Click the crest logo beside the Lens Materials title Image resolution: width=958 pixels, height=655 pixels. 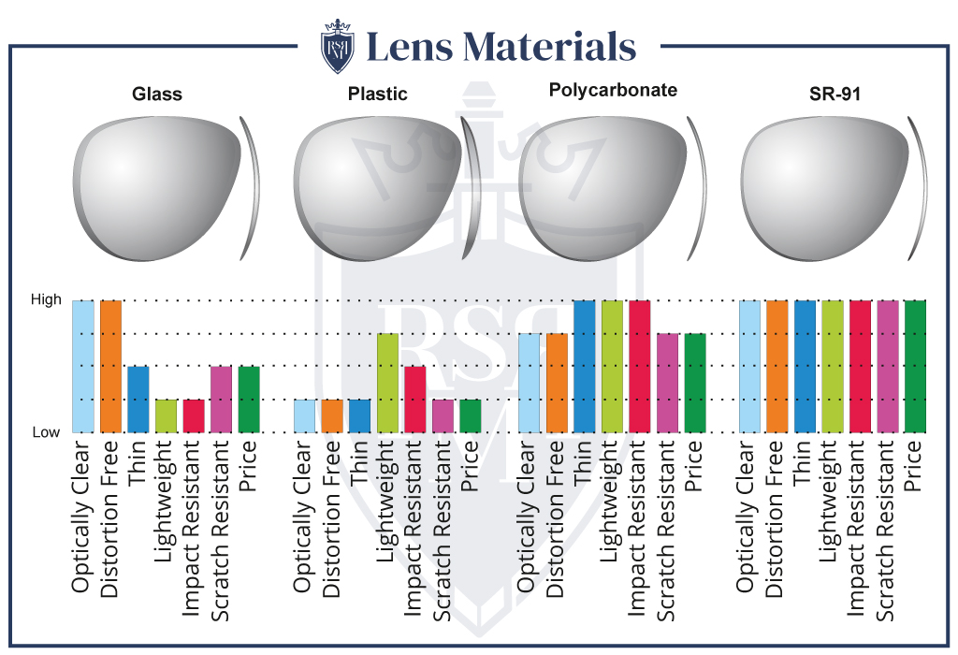pos(338,44)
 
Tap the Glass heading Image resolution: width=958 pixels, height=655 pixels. pos(157,94)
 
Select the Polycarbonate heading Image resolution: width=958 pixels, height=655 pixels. pos(613,90)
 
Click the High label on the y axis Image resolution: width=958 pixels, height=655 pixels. pos(46,299)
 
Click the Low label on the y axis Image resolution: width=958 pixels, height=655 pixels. pos(47,432)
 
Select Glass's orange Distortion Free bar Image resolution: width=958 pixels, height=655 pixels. pos(111,366)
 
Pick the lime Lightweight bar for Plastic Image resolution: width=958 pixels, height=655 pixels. pos(388,383)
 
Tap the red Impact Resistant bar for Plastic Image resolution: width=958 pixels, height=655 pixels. pos(415,399)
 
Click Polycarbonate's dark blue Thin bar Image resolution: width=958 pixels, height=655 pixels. pos(585,366)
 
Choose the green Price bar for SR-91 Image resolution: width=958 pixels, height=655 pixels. pos(915,366)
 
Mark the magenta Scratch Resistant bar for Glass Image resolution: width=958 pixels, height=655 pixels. pos(222,399)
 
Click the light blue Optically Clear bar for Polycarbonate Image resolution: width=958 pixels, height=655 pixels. pos(530,383)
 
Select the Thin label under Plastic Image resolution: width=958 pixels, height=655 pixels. pos(360,462)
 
